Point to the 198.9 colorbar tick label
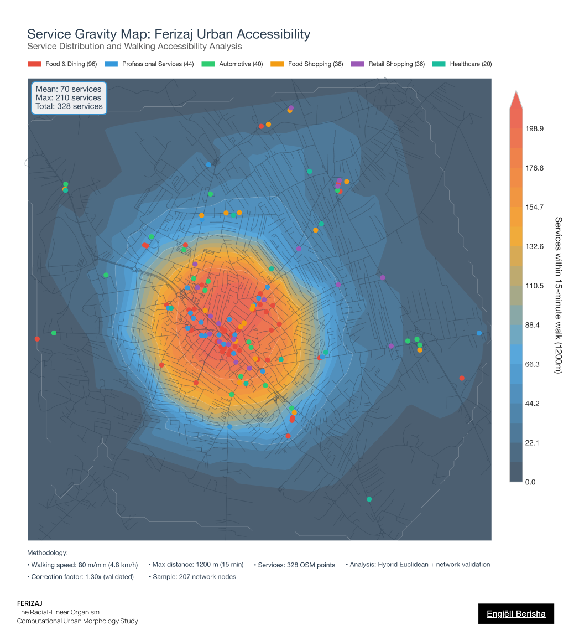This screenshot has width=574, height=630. tap(534, 128)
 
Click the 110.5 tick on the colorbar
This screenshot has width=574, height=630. tap(534, 286)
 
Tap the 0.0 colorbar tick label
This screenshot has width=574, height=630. tap(530, 482)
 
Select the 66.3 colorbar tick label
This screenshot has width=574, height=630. tap(533, 364)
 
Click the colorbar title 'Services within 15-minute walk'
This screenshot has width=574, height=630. tap(558, 295)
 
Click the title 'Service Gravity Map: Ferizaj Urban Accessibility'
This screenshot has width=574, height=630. tap(169, 34)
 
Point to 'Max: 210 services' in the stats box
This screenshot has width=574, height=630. tap(68, 97)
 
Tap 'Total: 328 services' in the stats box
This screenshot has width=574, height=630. tap(69, 106)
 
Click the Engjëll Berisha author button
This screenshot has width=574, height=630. tap(516, 613)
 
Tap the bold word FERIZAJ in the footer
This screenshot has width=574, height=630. tap(29, 603)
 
